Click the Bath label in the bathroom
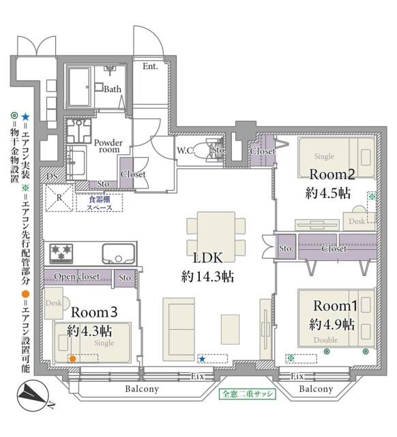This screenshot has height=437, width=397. [113, 89]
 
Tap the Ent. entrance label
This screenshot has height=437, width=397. [150, 66]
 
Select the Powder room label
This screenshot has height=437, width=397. [108, 147]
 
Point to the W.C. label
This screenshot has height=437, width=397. [185, 150]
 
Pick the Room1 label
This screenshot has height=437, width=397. [332, 306]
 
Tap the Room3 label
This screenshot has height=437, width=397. [95, 311]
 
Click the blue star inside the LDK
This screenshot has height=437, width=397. [202, 358]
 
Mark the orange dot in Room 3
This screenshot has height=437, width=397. [72, 358]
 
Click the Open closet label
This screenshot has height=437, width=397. [77, 277]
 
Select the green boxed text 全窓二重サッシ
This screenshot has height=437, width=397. [246, 394]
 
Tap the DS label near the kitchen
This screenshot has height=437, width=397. [52, 176]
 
